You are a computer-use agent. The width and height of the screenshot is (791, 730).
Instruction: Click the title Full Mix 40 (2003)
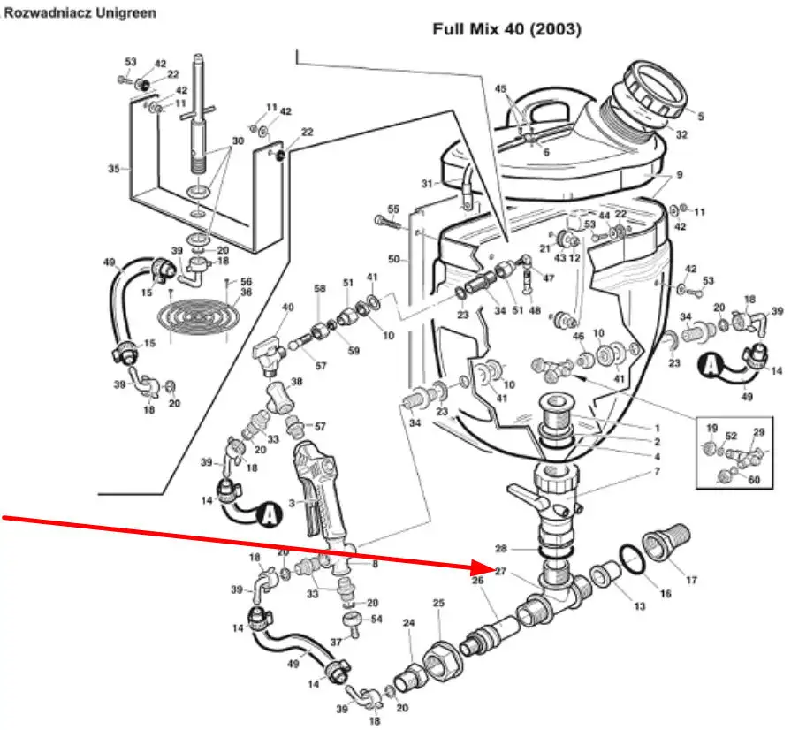[506, 29]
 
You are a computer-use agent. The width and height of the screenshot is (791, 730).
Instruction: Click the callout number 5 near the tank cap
[700, 116]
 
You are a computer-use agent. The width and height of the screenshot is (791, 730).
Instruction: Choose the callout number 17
[691, 582]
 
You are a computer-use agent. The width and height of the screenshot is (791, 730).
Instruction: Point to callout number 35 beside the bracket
[113, 168]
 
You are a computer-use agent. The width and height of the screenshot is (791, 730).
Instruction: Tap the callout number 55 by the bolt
[393, 209]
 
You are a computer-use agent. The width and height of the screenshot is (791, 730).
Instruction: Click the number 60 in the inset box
[753, 480]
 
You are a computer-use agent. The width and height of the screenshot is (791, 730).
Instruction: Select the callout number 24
[408, 624]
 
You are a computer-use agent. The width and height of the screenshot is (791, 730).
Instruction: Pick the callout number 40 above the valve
[287, 308]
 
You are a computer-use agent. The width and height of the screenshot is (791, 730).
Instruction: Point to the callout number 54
[376, 619]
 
